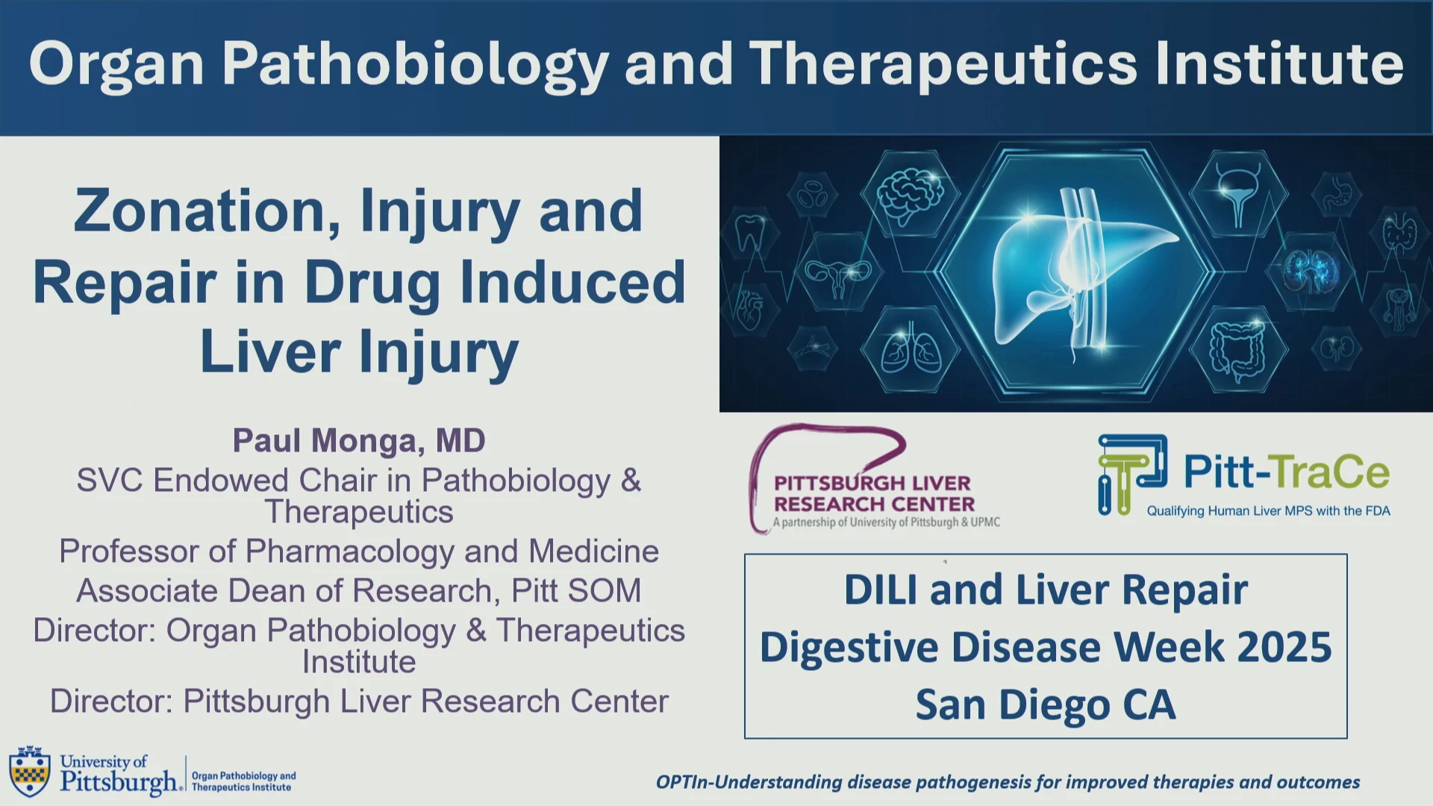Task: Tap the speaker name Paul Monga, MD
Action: click(359, 440)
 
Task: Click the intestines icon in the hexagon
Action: click(1237, 350)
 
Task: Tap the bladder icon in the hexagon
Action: click(1238, 193)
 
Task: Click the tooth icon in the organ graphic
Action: click(751, 233)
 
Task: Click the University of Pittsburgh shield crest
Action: click(30, 772)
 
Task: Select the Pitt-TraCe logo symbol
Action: click(1131, 475)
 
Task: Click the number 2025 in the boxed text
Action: click(1284, 647)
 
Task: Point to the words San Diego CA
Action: click(1046, 705)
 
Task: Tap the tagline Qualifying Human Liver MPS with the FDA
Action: click(1268, 511)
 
